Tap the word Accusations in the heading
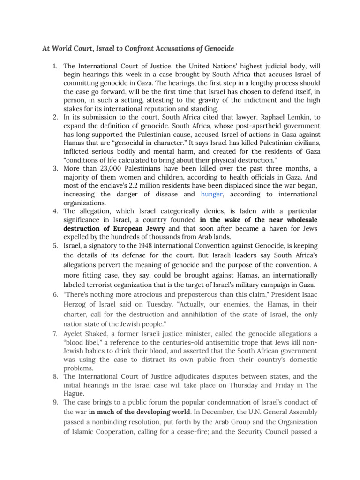(183, 49)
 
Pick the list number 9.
(55, 402)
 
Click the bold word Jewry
(153, 229)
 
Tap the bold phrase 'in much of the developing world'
(141, 412)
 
